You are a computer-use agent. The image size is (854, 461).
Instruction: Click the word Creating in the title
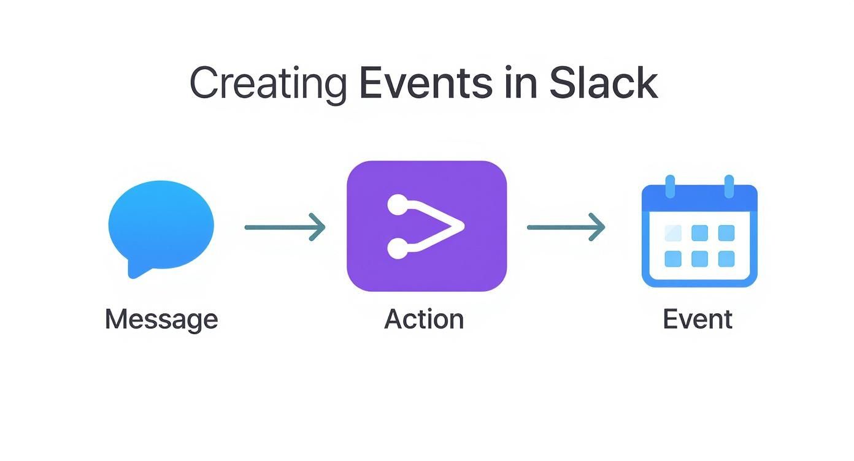268,83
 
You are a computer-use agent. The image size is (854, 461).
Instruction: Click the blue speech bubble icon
161,225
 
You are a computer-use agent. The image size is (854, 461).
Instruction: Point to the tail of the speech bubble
134,270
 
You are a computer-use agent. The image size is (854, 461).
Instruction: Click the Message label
161,319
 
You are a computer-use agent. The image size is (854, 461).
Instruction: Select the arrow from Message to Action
285,227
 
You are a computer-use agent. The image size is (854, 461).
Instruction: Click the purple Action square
426,226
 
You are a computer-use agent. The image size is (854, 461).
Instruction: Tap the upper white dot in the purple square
398,204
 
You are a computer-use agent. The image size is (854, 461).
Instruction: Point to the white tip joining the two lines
461,226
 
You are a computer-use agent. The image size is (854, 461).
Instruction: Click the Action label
424,319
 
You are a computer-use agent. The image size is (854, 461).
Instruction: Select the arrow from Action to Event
566,227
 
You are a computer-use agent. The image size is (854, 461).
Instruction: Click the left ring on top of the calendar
670,186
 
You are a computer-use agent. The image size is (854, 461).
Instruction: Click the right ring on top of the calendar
729,186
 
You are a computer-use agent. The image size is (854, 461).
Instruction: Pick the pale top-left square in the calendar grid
673,233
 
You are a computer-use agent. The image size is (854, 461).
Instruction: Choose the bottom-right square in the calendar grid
726,259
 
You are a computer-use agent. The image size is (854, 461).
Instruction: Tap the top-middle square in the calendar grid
699,233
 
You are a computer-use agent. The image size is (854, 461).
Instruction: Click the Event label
698,319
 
